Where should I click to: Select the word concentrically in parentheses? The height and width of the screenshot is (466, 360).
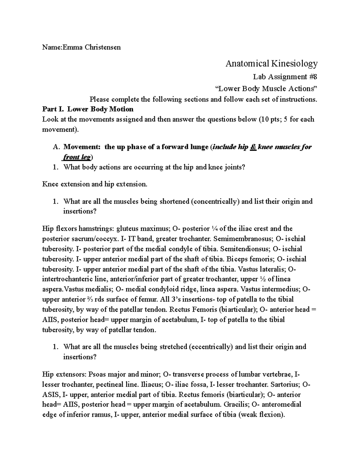216,201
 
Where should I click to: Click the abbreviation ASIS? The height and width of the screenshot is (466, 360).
49,395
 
